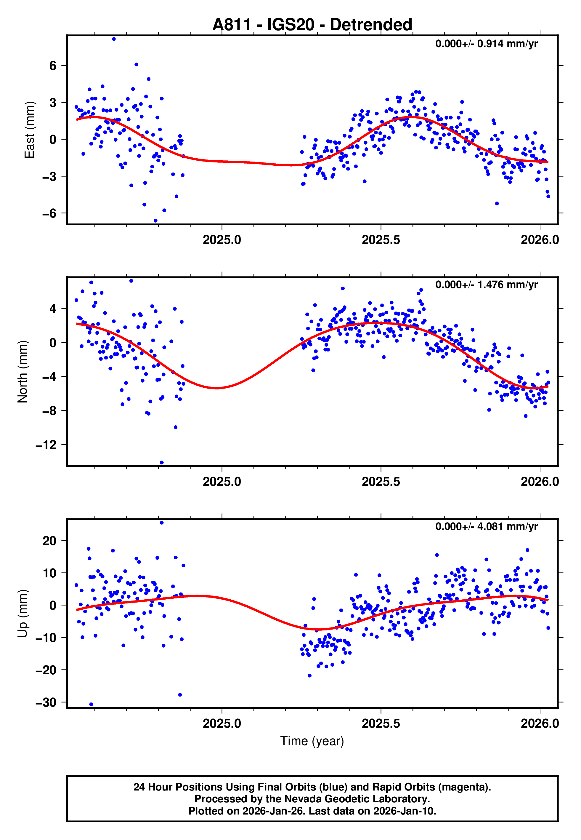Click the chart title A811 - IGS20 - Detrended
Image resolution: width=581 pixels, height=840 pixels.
[x=312, y=25]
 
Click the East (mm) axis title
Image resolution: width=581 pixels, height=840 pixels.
[x=29, y=130]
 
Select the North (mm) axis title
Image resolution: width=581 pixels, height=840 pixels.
[x=23, y=372]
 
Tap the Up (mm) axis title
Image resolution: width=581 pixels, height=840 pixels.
[x=23, y=614]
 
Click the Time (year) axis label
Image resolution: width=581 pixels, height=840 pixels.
[x=312, y=741]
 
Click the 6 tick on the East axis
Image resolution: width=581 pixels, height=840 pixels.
[x=53, y=66]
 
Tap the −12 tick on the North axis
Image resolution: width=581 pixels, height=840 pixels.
[x=46, y=445]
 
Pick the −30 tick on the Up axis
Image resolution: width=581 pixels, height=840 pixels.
[x=46, y=703]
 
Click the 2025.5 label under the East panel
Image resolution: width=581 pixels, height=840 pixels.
[x=381, y=240]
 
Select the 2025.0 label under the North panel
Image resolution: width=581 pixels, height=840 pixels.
[x=222, y=482]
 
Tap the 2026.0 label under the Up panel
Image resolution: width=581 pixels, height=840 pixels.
[x=540, y=724]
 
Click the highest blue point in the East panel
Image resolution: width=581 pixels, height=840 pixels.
[x=114, y=39]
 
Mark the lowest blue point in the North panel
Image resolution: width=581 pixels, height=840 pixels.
[x=162, y=463]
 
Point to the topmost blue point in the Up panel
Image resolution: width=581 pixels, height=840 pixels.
[x=162, y=523]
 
